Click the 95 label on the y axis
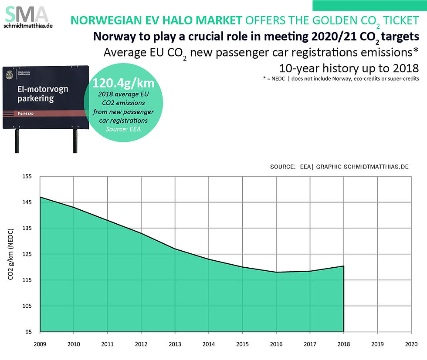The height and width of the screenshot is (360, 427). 28,332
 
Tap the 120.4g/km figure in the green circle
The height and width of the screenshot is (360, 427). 122,83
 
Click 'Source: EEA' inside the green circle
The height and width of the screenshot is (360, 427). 122,129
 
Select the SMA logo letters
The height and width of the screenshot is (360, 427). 26,15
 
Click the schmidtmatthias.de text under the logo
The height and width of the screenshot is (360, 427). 28,27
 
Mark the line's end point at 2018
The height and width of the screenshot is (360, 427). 344,266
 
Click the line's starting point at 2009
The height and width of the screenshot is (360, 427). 40,197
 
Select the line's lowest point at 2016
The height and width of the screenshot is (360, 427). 276,272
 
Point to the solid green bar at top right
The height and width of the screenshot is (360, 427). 369,5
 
